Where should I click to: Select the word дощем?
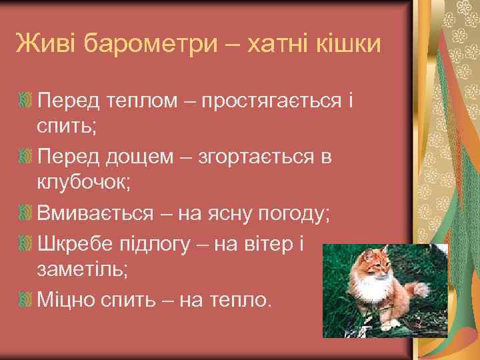click(x=137, y=157)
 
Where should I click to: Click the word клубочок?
click(x=83, y=185)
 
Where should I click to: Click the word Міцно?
click(x=69, y=300)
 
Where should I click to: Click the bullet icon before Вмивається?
click(x=25, y=215)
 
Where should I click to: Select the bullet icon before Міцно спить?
click(x=25, y=300)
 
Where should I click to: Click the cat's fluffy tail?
click(x=420, y=291)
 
